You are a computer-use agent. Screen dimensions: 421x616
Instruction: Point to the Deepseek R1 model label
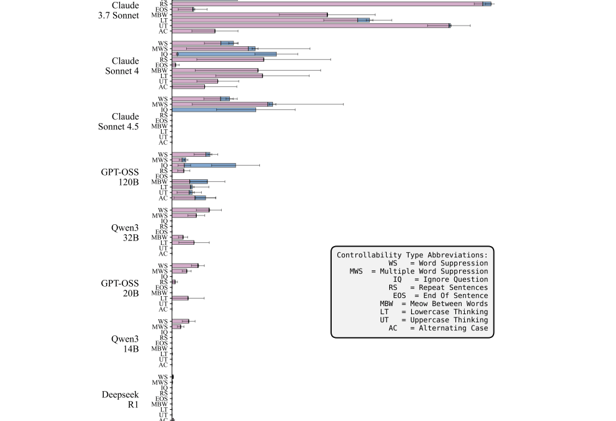pyautogui.click(x=120, y=399)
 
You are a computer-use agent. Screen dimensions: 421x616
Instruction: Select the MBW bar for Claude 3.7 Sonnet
pyautogui.click(x=249, y=14)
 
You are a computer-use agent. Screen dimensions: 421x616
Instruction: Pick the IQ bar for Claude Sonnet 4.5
pyautogui.click(x=214, y=110)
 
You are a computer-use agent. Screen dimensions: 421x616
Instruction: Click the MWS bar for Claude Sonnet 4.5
pyautogui.click(x=222, y=104)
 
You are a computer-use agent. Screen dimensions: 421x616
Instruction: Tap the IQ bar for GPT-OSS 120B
pyautogui.click(x=204, y=166)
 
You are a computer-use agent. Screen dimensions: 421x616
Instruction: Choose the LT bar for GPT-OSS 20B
pyautogui.click(x=180, y=298)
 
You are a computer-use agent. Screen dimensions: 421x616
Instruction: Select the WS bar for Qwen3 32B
pyautogui.click(x=191, y=210)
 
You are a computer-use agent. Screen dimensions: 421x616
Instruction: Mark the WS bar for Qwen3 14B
pyautogui.click(x=180, y=321)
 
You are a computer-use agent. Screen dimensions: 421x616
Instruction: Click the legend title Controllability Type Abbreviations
pyautogui.click(x=412, y=255)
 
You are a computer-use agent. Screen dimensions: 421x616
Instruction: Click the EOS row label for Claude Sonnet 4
pyautogui.click(x=162, y=65)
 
